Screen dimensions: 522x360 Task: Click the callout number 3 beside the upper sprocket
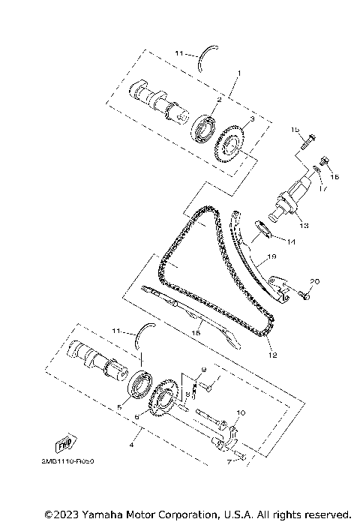click(252, 119)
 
